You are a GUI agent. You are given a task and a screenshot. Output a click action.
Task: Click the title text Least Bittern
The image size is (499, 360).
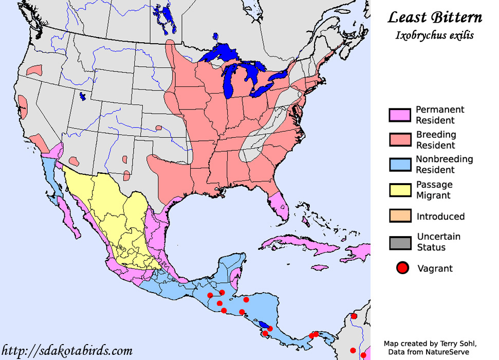[x=435, y=18]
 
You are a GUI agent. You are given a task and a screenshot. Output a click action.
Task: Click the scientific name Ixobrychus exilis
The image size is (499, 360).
[x=435, y=35]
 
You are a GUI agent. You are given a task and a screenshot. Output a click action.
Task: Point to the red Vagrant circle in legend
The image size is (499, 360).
[x=402, y=268]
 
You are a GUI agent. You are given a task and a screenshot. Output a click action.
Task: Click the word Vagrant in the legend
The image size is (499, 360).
[x=435, y=268]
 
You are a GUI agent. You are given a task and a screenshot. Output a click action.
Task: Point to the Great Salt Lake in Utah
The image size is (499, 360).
[x=82, y=96]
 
